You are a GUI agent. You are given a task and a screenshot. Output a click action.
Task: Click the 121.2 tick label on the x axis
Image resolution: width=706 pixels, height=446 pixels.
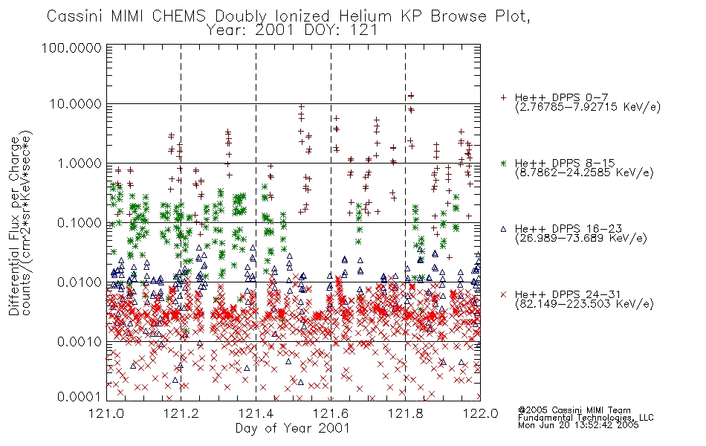pos(181,413)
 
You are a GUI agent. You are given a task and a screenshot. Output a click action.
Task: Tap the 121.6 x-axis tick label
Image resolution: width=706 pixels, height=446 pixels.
pos(331,413)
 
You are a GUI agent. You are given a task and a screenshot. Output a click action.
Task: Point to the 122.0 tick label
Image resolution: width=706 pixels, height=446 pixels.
pos(480,413)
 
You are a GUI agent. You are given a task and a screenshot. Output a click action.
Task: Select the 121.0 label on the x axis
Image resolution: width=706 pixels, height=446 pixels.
pos(106,413)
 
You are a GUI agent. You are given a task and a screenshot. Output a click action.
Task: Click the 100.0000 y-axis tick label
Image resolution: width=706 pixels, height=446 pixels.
pos(71,48)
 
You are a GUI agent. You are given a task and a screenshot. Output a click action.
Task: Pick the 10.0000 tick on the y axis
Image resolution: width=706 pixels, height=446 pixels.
pos(75,104)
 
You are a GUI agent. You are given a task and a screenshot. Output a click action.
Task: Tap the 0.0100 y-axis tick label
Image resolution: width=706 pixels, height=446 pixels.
pos(79,282)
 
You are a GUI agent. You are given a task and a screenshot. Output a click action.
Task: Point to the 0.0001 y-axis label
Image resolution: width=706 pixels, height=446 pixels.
pos(79,397)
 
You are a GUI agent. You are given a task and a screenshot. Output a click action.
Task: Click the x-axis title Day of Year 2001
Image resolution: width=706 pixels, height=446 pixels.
pos(293,428)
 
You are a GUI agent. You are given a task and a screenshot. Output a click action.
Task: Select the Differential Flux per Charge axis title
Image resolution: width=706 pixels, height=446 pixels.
pos(15,226)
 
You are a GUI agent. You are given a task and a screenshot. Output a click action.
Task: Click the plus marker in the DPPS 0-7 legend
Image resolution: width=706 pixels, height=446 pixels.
pos(503,97)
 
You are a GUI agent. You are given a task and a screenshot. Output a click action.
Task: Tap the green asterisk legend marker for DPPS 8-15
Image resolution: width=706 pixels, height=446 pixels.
pos(503,163)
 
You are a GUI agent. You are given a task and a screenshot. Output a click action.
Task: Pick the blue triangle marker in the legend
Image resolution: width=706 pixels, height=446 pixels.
pos(503,229)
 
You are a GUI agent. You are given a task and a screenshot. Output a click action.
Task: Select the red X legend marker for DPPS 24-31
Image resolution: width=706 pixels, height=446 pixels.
pos(503,294)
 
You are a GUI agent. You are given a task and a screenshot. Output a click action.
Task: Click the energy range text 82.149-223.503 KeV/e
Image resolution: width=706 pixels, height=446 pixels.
pos(584,304)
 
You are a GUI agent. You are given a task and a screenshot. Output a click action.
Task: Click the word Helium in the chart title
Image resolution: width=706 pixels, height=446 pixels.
pos(365,16)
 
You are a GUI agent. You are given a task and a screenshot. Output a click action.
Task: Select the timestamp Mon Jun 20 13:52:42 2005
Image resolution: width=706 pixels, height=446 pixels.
pos(578,425)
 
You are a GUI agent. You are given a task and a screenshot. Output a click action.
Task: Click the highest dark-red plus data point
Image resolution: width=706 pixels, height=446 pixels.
pos(411,96)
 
